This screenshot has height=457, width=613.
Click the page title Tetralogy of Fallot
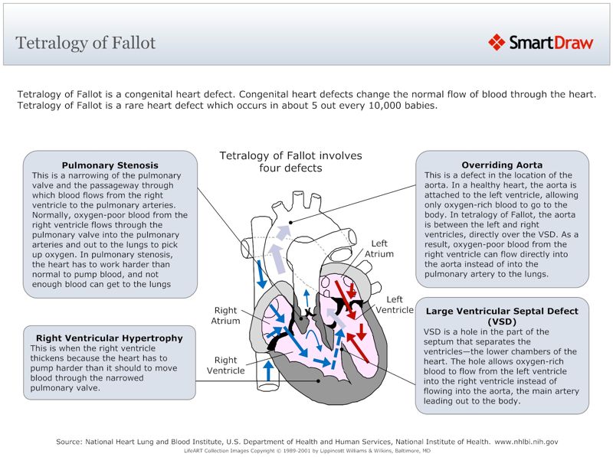tap(85, 42)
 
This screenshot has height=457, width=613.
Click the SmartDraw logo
tap(540, 42)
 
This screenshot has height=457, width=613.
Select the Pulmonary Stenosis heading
tap(110, 165)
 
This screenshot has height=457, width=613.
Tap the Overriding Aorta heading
tap(502, 165)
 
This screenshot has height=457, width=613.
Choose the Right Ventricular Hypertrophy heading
tap(110, 338)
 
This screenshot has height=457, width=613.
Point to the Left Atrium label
tap(379, 249)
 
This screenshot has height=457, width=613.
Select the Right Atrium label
tap(225, 316)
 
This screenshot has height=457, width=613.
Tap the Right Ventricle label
tap(225, 365)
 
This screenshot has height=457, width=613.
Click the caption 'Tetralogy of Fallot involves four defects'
tap(290, 162)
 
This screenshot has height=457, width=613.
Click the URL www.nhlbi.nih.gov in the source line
tap(526, 442)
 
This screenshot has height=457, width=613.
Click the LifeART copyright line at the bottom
tap(306, 451)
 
